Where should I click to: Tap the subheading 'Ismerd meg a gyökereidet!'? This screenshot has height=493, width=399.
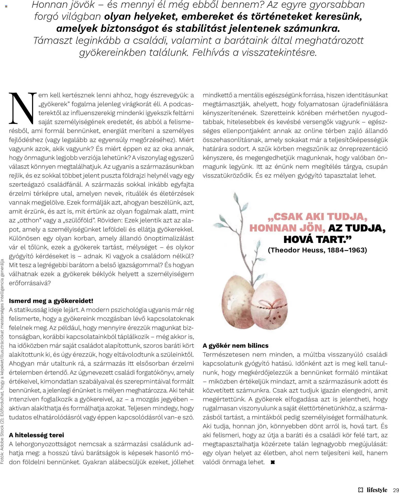click(51, 301)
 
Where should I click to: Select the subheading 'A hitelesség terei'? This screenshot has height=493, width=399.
click(36, 435)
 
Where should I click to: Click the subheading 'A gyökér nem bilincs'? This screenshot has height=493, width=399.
click(235, 346)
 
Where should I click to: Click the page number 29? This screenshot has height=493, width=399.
click(396, 490)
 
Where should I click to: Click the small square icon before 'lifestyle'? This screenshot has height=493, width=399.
click(361, 490)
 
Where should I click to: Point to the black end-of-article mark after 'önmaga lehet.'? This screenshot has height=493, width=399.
click(273, 462)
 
